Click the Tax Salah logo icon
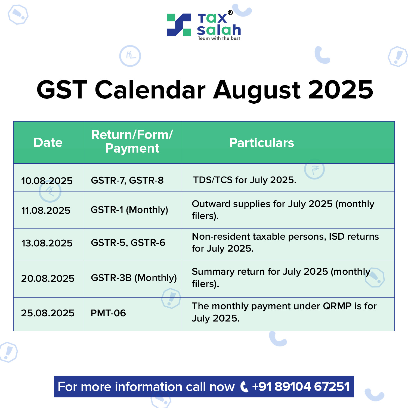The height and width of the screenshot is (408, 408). coord(179,25)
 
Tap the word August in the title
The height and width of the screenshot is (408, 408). coord(256,90)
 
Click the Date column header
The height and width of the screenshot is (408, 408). coord(48,143)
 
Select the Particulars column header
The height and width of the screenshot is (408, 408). coord(261,143)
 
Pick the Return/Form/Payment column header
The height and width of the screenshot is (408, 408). coord(132,141)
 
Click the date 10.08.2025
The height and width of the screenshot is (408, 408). coord(47,181)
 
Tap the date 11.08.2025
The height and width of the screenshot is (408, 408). coord(46,210)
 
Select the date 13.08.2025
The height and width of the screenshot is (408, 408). coord(47,243)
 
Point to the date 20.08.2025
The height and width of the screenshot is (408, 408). coord(48,278)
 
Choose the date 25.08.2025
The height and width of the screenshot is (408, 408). coord(48,313)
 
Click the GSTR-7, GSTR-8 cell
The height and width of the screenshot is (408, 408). coord(127,180)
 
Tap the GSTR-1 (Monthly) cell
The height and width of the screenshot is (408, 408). coord(129,210)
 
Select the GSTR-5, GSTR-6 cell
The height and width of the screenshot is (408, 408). coord(128,243)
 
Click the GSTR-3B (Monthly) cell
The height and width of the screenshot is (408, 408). coord(134,278)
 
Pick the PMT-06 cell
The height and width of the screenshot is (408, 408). coord(108,313)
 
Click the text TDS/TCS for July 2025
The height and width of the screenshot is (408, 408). coord(245,180)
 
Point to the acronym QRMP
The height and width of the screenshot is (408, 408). coord(337,306)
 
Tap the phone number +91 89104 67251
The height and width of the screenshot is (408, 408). coord(301,387)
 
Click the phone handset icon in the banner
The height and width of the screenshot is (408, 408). coord(244,387)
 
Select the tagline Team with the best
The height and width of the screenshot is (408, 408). coord(219,38)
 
